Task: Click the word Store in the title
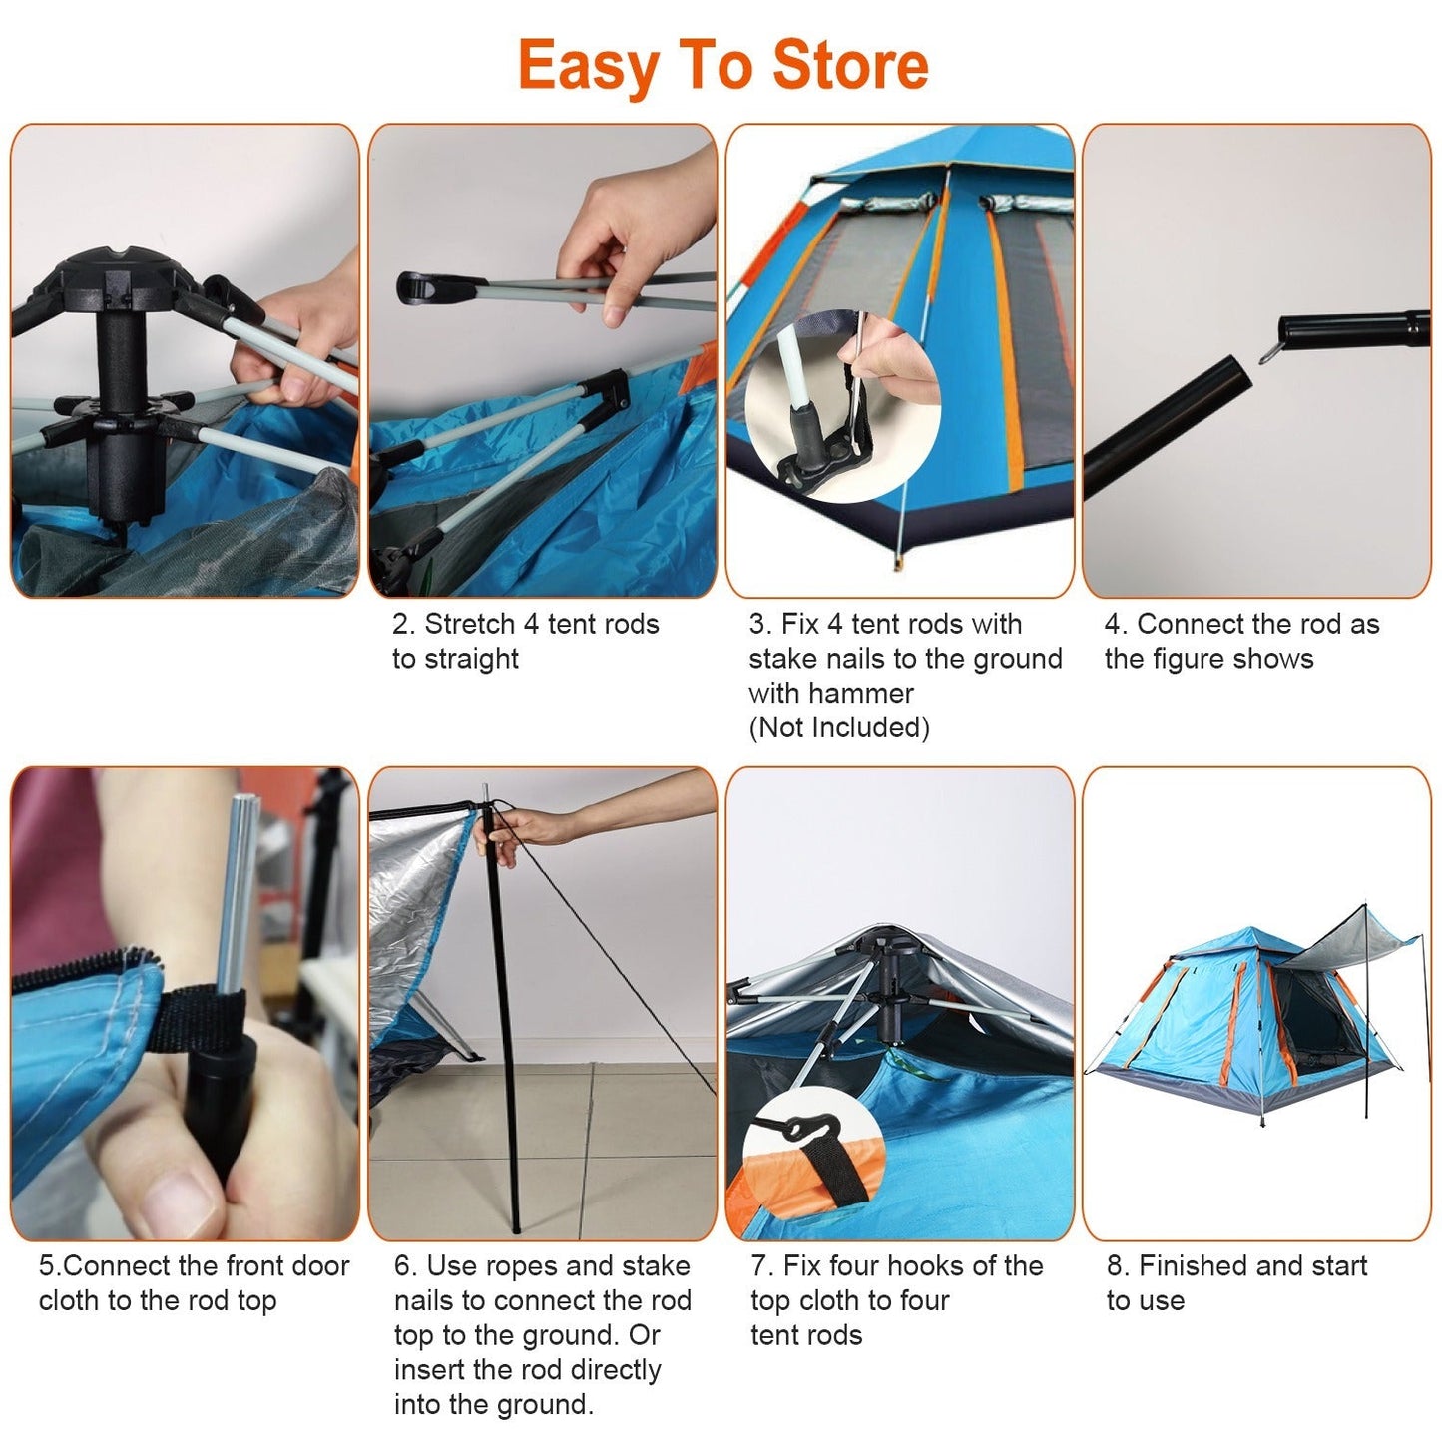point(850,65)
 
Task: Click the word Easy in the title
point(587,67)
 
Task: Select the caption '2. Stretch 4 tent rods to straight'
point(525,641)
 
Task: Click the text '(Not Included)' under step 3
point(838,727)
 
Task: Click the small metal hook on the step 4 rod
point(1268,351)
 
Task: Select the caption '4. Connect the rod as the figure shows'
point(1240,641)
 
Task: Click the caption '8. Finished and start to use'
point(1235,1282)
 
